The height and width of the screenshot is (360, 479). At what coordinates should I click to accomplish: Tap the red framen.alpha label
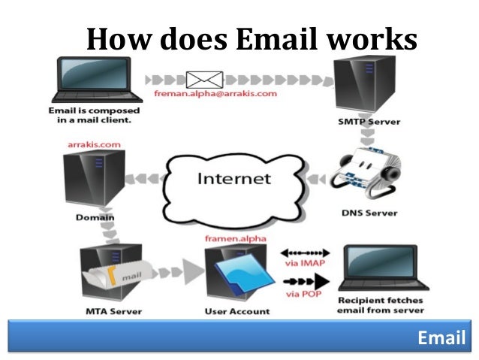point(232,238)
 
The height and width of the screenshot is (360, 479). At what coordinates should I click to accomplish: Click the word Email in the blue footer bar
point(441,337)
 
